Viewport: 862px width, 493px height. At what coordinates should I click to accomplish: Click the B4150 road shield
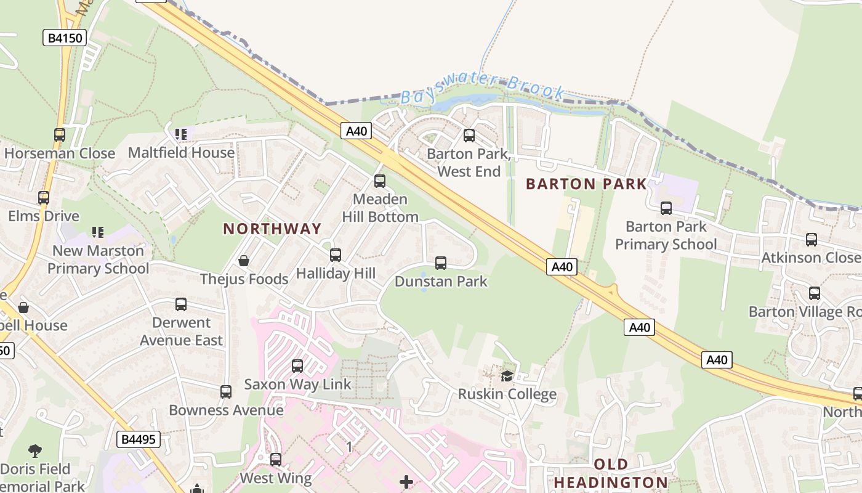[64, 38]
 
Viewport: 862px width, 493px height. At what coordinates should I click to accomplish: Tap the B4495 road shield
[139, 439]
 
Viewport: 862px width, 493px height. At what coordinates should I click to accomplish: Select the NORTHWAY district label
[272, 229]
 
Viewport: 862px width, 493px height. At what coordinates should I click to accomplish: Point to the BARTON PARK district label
[587, 184]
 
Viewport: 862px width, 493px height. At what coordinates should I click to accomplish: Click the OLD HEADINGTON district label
[610, 473]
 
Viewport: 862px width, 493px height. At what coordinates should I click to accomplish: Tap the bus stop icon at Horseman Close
[60, 135]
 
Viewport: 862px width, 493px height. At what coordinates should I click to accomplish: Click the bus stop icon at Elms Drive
[44, 198]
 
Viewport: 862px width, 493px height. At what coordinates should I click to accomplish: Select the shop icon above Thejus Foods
[244, 261]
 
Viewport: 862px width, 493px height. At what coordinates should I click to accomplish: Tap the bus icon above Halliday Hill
[336, 255]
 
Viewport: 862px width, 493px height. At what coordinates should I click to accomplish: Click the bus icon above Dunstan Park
[441, 263]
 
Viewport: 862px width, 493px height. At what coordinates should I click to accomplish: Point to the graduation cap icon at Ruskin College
[507, 376]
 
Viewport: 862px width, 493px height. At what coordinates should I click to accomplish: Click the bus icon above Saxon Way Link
[297, 366]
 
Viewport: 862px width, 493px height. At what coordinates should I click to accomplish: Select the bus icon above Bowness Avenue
[226, 392]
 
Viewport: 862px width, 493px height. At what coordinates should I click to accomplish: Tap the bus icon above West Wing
[276, 460]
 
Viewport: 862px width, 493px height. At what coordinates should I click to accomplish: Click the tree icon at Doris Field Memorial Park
[35, 451]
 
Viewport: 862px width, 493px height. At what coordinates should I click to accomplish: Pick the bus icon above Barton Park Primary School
[666, 208]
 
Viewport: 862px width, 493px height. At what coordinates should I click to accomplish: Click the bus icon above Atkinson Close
[812, 240]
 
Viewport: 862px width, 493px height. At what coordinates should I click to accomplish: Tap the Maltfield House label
[181, 152]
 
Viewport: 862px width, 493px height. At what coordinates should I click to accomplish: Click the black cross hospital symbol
[406, 481]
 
